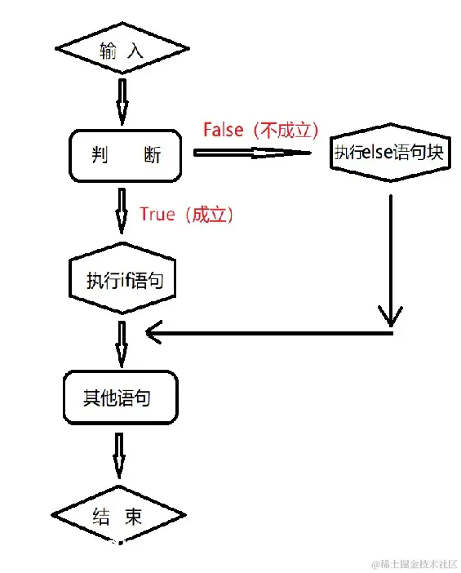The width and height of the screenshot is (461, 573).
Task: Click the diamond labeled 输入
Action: pyautogui.click(x=122, y=50)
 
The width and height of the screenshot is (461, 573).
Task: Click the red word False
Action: pyautogui.click(x=223, y=129)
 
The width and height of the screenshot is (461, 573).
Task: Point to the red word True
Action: pyautogui.click(x=157, y=214)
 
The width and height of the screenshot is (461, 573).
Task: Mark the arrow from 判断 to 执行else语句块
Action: pyautogui.click(x=253, y=152)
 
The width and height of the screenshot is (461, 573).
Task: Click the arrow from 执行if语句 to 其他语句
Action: pyautogui.click(x=122, y=343)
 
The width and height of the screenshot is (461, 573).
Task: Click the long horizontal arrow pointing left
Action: pyautogui.click(x=269, y=331)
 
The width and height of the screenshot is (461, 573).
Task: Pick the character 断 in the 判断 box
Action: pyautogui.click(x=152, y=154)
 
